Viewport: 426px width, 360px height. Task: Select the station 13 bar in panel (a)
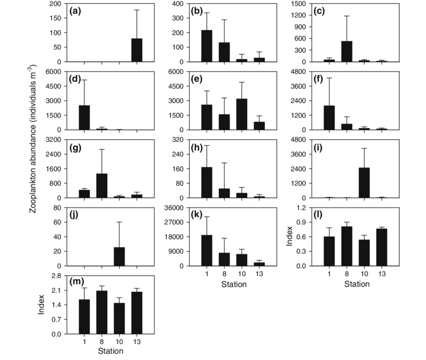(137, 50)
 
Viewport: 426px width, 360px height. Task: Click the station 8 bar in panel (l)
(347, 246)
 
